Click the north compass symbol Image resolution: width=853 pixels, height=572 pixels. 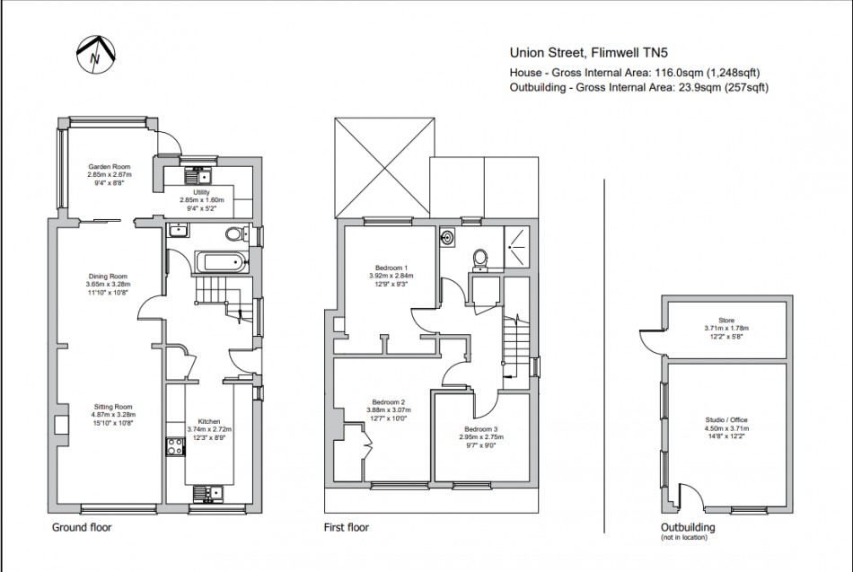coord(94,55)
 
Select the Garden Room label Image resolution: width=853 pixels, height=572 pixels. coord(110,167)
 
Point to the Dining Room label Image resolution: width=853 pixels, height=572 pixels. coord(108,277)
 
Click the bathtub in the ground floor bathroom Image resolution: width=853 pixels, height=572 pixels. coord(220,263)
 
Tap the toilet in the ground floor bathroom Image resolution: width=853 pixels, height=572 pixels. coord(234,234)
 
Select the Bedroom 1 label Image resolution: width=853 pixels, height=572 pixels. coord(391,268)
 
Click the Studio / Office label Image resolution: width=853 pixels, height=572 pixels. coord(726,419)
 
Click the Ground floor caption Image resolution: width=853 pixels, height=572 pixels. coord(82,527)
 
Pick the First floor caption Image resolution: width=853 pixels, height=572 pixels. coord(347,527)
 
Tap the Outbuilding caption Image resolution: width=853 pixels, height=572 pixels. coord(688,527)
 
